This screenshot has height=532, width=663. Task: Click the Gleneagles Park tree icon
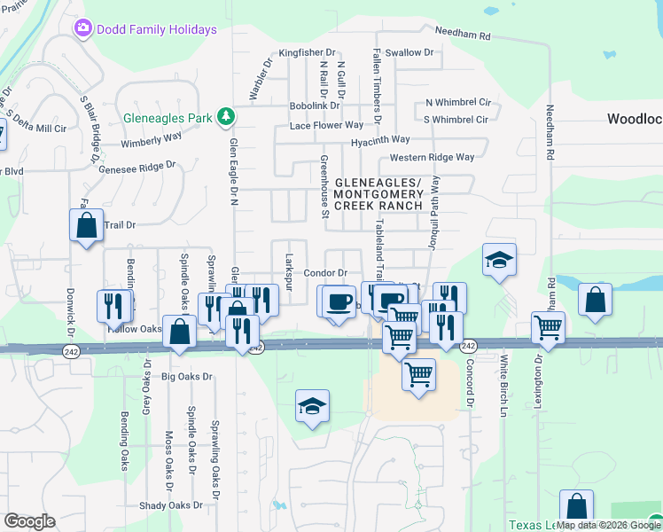[x=227, y=116]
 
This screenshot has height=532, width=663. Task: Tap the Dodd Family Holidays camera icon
[x=83, y=28]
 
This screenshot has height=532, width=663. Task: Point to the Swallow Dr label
[x=409, y=52]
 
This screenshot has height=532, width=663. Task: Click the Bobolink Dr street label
[x=315, y=106]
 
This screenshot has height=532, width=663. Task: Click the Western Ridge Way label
[x=432, y=157]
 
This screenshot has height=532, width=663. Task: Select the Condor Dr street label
[x=325, y=273]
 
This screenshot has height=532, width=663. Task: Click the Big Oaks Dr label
[x=188, y=376]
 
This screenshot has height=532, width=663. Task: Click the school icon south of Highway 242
[x=312, y=406]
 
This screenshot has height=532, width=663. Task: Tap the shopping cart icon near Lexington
[x=549, y=327]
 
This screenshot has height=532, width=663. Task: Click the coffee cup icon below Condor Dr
[x=338, y=301]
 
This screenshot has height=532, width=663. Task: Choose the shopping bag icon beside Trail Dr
[x=86, y=225]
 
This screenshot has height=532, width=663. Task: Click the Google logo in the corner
[x=29, y=521]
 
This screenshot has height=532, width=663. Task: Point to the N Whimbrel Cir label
[x=457, y=103]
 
